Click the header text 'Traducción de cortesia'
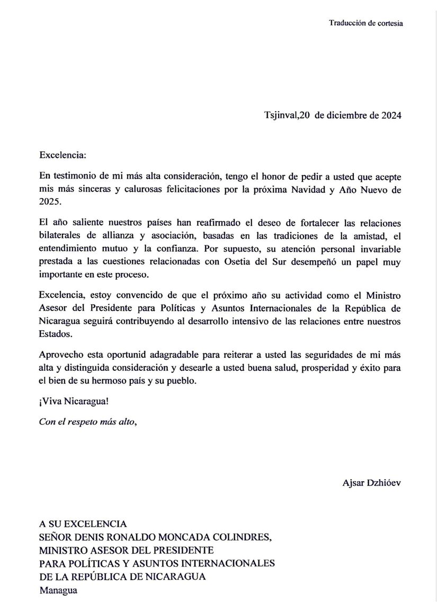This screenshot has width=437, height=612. tap(365, 23)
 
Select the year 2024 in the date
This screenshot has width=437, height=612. tap(391, 116)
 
